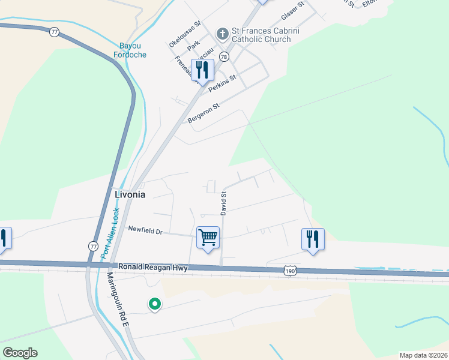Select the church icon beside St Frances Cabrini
(x=222, y=34)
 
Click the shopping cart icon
(x=208, y=237)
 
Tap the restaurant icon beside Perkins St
(x=202, y=70)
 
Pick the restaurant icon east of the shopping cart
(x=312, y=239)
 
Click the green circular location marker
(x=154, y=305)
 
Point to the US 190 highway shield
(x=291, y=271)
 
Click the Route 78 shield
(x=223, y=56)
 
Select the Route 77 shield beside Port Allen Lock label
(x=93, y=246)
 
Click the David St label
(x=223, y=203)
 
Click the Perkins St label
(x=223, y=83)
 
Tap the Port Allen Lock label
(x=110, y=233)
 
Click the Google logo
(x=20, y=353)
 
